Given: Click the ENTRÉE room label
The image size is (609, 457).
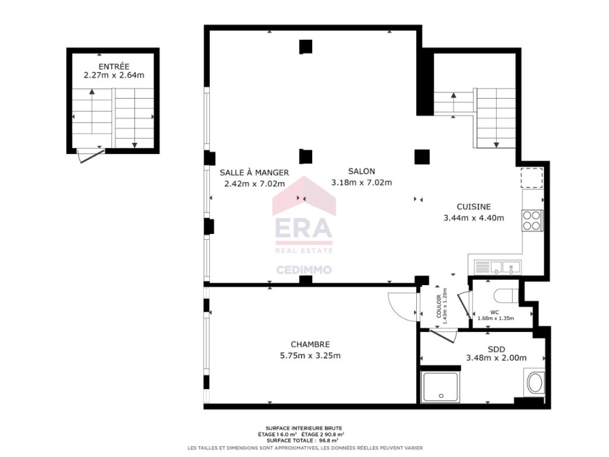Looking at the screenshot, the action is pyautogui.click(x=114, y=67).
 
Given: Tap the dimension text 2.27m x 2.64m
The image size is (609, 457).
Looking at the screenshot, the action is pyautogui.click(x=114, y=75).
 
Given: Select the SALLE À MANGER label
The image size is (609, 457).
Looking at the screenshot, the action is pyautogui.click(x=254, y=172).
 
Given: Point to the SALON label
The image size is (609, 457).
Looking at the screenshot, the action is pyautogui.click(x=362, y=171).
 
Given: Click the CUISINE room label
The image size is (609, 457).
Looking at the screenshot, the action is pyautogui.click(x=473, y=206).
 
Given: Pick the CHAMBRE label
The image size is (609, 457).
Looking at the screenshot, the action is pyautogui.click(x=310, y=345).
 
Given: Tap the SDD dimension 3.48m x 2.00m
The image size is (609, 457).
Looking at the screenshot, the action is pyautogui.click(x=497, y=358).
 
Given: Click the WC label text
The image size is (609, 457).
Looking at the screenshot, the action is pyautogui.click(x=494, y=312).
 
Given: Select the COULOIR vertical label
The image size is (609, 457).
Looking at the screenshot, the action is pyautogui.click(x=438, y=306).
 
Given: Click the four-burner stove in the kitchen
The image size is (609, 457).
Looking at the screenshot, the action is pyautogui.click(x=532, y=220).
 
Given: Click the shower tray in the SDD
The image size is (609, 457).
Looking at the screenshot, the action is pyautogui.click(x=440, y=387).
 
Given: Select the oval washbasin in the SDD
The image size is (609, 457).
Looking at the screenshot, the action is pyautogui.click(x=535, y=383).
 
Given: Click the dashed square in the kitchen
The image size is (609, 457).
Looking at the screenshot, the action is pyautogui.click(x=532, y=177).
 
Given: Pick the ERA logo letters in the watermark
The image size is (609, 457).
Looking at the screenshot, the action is pyautogui.click(x=304, y=227).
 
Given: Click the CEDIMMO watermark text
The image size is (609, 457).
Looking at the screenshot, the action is pyautogui.click(x=304, y=270).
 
